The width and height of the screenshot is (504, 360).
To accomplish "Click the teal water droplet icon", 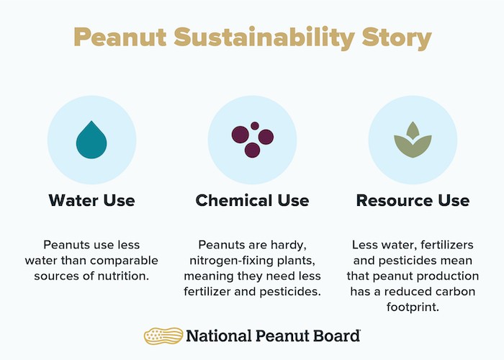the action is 91,140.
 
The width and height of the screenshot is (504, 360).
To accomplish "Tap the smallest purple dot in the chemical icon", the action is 255,126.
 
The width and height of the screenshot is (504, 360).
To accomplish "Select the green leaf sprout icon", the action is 413,140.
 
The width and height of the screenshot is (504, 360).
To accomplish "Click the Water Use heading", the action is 92,200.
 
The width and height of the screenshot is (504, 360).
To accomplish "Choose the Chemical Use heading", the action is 252,200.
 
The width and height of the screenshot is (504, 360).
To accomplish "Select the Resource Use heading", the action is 413,200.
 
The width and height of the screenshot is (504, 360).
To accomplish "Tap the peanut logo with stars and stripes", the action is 163,336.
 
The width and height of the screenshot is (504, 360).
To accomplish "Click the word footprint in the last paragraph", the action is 413,307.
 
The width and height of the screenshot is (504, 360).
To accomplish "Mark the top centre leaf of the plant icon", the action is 413,130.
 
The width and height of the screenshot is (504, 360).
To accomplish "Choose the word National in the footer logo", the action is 219,336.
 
